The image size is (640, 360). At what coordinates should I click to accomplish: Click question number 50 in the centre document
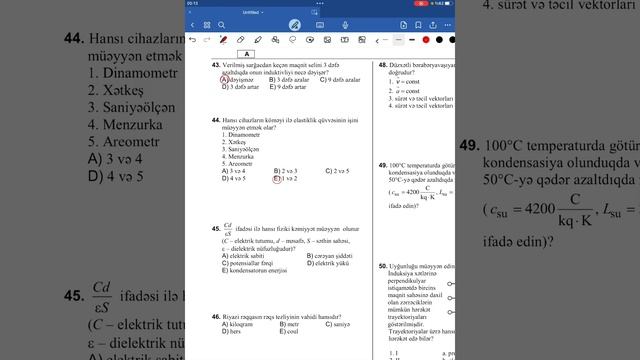382,267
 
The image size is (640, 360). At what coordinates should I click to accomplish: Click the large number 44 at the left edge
71,39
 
